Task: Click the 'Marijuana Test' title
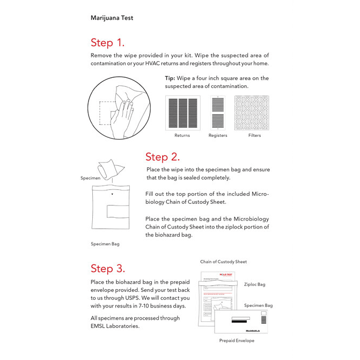click(x=112, y=18)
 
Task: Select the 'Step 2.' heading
click(x=162, y=157)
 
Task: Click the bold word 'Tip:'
click(x=170, y=78)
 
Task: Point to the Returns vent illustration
click(x=182, y=113)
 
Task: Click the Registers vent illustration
click(x=218, y=113)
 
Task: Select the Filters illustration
click(x=254, y=113)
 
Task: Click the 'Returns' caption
click(x=182, y=135)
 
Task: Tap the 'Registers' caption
click(x=218, y=135)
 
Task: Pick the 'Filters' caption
click(x=254, y=135)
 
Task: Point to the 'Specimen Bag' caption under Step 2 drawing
click(x=105, y=244)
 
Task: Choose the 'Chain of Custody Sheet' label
click(x=223, y=262)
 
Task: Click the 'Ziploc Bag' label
click(x=254, y=284)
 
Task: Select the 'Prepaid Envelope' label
click(x=237, y=341)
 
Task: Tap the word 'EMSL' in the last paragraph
click(x=100, y=326)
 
